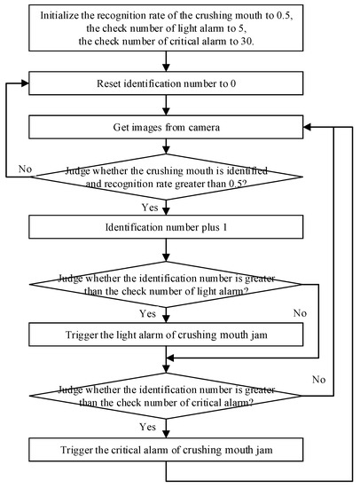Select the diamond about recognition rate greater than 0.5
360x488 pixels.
[166, 175]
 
